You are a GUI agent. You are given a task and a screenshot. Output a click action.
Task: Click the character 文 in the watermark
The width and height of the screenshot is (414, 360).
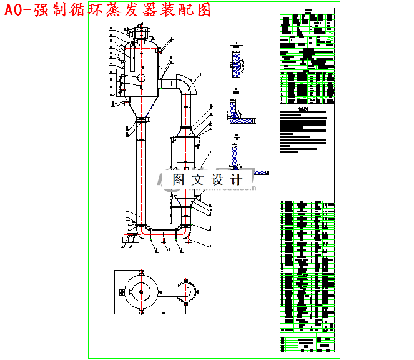click(197, 179)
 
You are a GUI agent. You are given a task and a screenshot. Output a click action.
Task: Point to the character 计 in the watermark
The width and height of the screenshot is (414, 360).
click(236, 179)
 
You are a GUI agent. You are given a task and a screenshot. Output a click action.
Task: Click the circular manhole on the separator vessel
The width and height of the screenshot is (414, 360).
click(142, 77)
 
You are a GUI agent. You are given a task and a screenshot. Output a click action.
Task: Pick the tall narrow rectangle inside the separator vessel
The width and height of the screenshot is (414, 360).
click(132, 62)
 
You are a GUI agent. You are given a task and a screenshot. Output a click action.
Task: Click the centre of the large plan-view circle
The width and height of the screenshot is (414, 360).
click(142, 291)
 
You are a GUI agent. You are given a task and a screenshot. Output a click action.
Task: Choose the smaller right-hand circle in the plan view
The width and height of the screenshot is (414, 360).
click(185, 291)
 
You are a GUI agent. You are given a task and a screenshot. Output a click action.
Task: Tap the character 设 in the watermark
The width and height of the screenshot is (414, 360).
click(217, 179)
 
